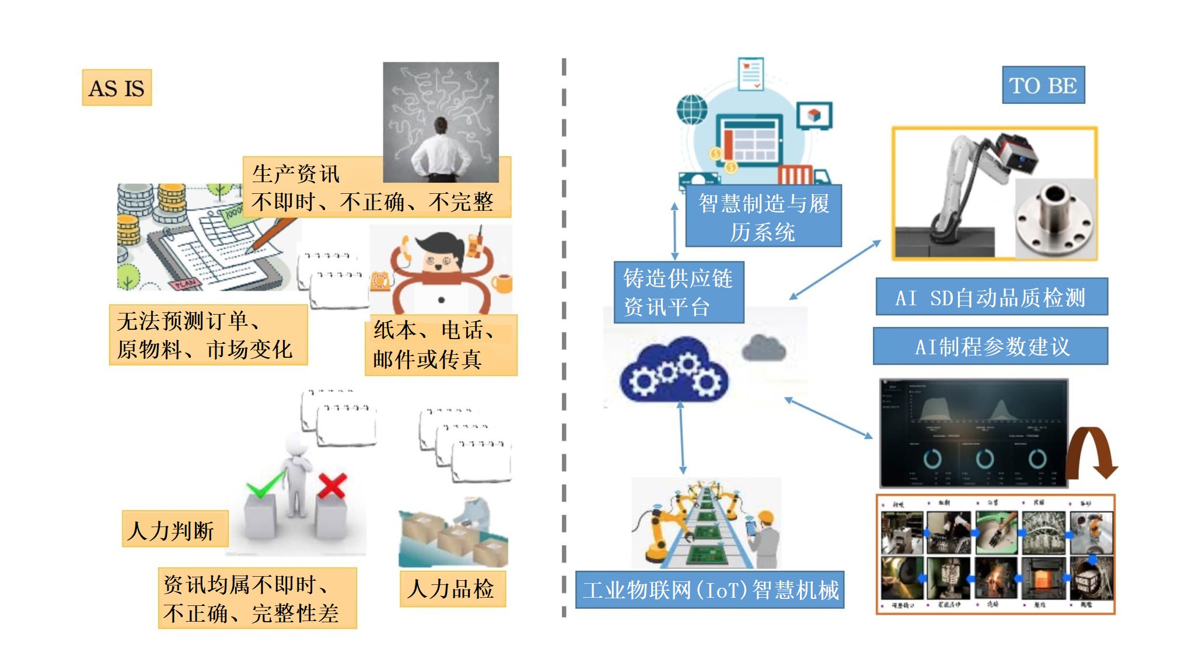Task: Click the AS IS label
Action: [117, 88]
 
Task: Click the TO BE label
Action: [1043, 85]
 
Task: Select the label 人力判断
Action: [174, 529]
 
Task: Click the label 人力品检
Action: [452, 588]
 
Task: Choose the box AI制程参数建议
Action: [990, 346]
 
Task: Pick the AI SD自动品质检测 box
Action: [991, 297]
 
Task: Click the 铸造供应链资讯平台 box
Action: [679, 292]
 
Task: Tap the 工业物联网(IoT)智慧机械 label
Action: [710, 590]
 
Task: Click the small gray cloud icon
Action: [763, 348]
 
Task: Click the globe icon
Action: [692, 109]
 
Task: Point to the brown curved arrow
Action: [1091, 452]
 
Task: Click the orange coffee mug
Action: [502, 283]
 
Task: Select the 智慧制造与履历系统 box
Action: [763, 217]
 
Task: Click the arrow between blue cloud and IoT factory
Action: [682, 438]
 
